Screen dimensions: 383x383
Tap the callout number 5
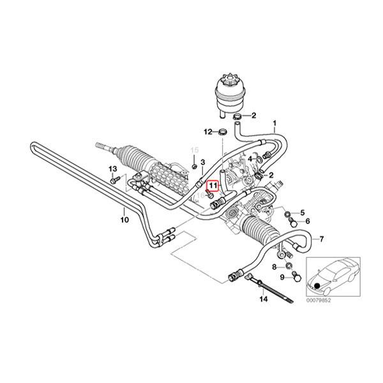pos(303,212)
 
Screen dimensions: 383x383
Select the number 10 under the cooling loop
pos(124,220)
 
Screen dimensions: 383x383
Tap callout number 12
pos(207,131)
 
